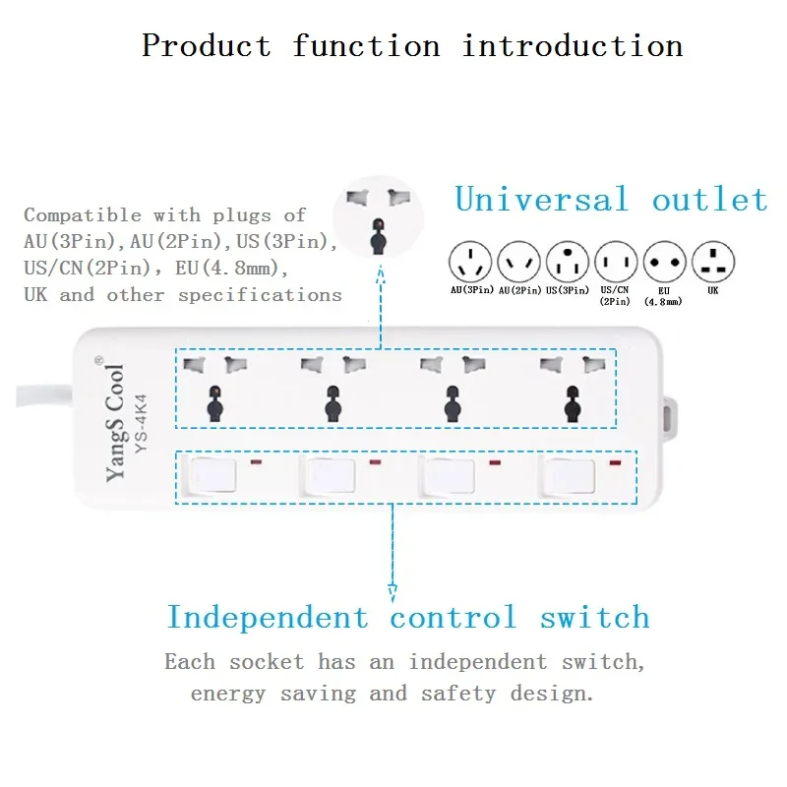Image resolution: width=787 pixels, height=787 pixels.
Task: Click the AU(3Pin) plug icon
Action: coord(469,262)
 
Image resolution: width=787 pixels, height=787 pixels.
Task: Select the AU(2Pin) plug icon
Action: coord(518,262)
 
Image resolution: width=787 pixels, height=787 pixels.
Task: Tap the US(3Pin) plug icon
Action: coord(568,262)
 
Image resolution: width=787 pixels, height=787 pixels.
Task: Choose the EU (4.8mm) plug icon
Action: coord(664,262)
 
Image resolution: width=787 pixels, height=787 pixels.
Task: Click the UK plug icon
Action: coord(713,262)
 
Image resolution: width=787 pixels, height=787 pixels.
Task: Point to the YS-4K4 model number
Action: coord(140,423)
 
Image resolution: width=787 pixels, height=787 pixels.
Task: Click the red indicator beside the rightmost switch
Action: coord(616,462)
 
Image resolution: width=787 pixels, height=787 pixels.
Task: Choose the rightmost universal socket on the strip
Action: coord(571,387)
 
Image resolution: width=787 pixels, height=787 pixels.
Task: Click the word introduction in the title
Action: coord(573,45)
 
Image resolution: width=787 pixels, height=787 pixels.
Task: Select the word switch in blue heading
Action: coord(594,618)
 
